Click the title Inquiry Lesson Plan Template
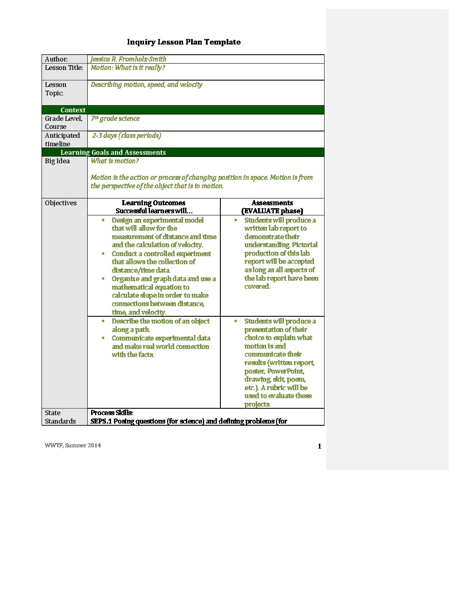(183, 42)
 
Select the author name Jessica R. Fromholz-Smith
(128, 59)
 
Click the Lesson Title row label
(64, 68)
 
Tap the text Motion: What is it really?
(128, 68)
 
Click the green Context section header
(73, 110)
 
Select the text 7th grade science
(115, 119)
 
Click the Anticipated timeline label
(62, 139)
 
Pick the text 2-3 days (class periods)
(127, 136)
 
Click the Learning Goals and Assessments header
(113, 152)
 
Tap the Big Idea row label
(57, 161)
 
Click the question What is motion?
(114, 161)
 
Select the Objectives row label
(61, 203)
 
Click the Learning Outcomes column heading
(153, 203)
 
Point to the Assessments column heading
(272, 203)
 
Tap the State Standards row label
(60, 417)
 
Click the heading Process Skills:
(112, 413)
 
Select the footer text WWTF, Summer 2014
(73, 445)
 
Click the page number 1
(319, 446)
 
